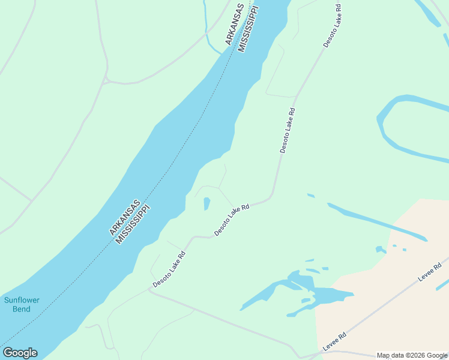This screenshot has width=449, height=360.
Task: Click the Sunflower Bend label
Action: coord(17,304)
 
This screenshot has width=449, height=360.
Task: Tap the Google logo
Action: coord(20,353)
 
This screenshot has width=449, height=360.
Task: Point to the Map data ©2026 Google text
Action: coord(412,355)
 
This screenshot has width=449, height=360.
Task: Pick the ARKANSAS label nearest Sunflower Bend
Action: coord(124,217)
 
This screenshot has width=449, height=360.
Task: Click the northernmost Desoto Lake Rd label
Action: coord(332,26)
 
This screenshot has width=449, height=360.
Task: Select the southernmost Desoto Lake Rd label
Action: coord(169,269)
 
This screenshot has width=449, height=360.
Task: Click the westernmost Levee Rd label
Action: coord(335,342)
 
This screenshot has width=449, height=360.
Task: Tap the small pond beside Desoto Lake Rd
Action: coord(206,203)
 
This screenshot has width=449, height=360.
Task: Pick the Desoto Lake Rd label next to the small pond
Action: coord(232,220)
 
